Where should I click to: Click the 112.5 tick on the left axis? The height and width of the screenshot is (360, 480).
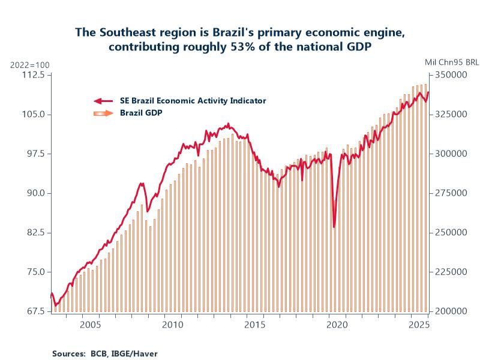tap(34, 75)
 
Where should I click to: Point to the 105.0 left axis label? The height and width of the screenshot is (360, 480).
tap(34, 115)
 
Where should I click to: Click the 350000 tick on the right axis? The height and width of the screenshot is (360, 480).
tap(450, 75)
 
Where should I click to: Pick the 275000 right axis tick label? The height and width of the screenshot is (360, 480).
tap(450, 193)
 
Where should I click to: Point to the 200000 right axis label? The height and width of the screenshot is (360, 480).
tap(450, 311)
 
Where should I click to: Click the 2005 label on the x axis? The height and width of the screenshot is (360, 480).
tap(89, 325)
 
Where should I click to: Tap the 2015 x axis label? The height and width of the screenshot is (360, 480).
tap(255, 325)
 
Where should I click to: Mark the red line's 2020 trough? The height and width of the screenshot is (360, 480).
tap(334, 227)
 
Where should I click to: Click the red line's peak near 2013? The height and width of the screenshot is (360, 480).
tap(228, 124)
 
